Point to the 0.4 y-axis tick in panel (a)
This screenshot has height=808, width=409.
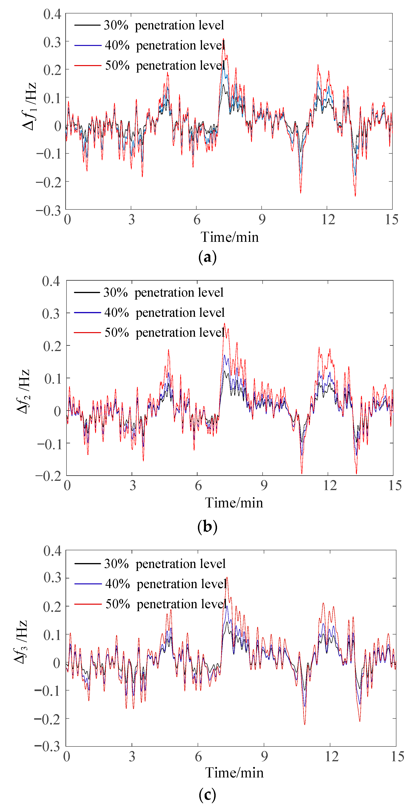[52, 14]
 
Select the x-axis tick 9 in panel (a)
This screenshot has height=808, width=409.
[262, 220]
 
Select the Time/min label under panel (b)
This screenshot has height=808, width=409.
[234, 503]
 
